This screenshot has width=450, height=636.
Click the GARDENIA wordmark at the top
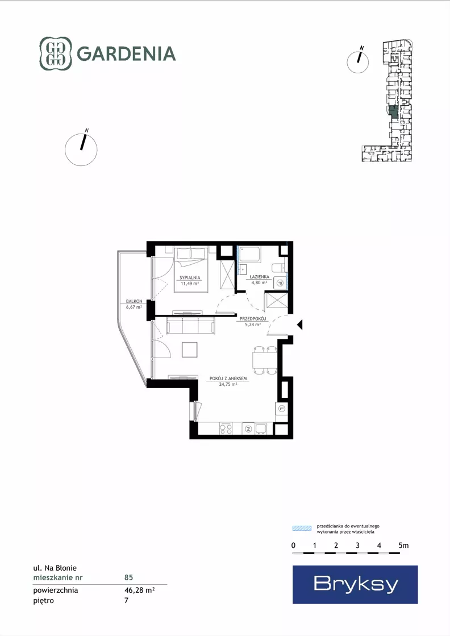point(126,53)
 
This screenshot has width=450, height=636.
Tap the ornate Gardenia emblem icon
point(56,53)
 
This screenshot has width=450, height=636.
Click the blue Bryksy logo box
point(355,584)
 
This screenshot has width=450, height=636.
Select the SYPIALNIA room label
point(190,278)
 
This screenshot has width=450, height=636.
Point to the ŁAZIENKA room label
point(260,277)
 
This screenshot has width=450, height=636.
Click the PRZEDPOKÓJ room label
point(253,319)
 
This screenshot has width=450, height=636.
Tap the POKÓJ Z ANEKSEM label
point(228,379)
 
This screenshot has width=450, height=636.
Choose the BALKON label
point(134,301)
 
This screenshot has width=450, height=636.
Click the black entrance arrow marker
point(299,325)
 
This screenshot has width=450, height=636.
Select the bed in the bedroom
point(191,269)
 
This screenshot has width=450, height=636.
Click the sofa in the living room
point(190,326)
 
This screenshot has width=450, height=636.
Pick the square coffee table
point(190,350)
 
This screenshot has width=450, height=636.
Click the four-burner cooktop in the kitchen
point(226,429)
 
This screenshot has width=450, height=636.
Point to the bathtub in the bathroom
point(250,254)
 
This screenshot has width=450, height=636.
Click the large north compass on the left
point(81,149)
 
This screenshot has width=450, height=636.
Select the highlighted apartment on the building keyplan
point(393,111)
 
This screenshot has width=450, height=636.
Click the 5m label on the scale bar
point(403,546)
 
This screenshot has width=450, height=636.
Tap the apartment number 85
point(128,577)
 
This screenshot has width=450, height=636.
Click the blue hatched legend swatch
point(302,528)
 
